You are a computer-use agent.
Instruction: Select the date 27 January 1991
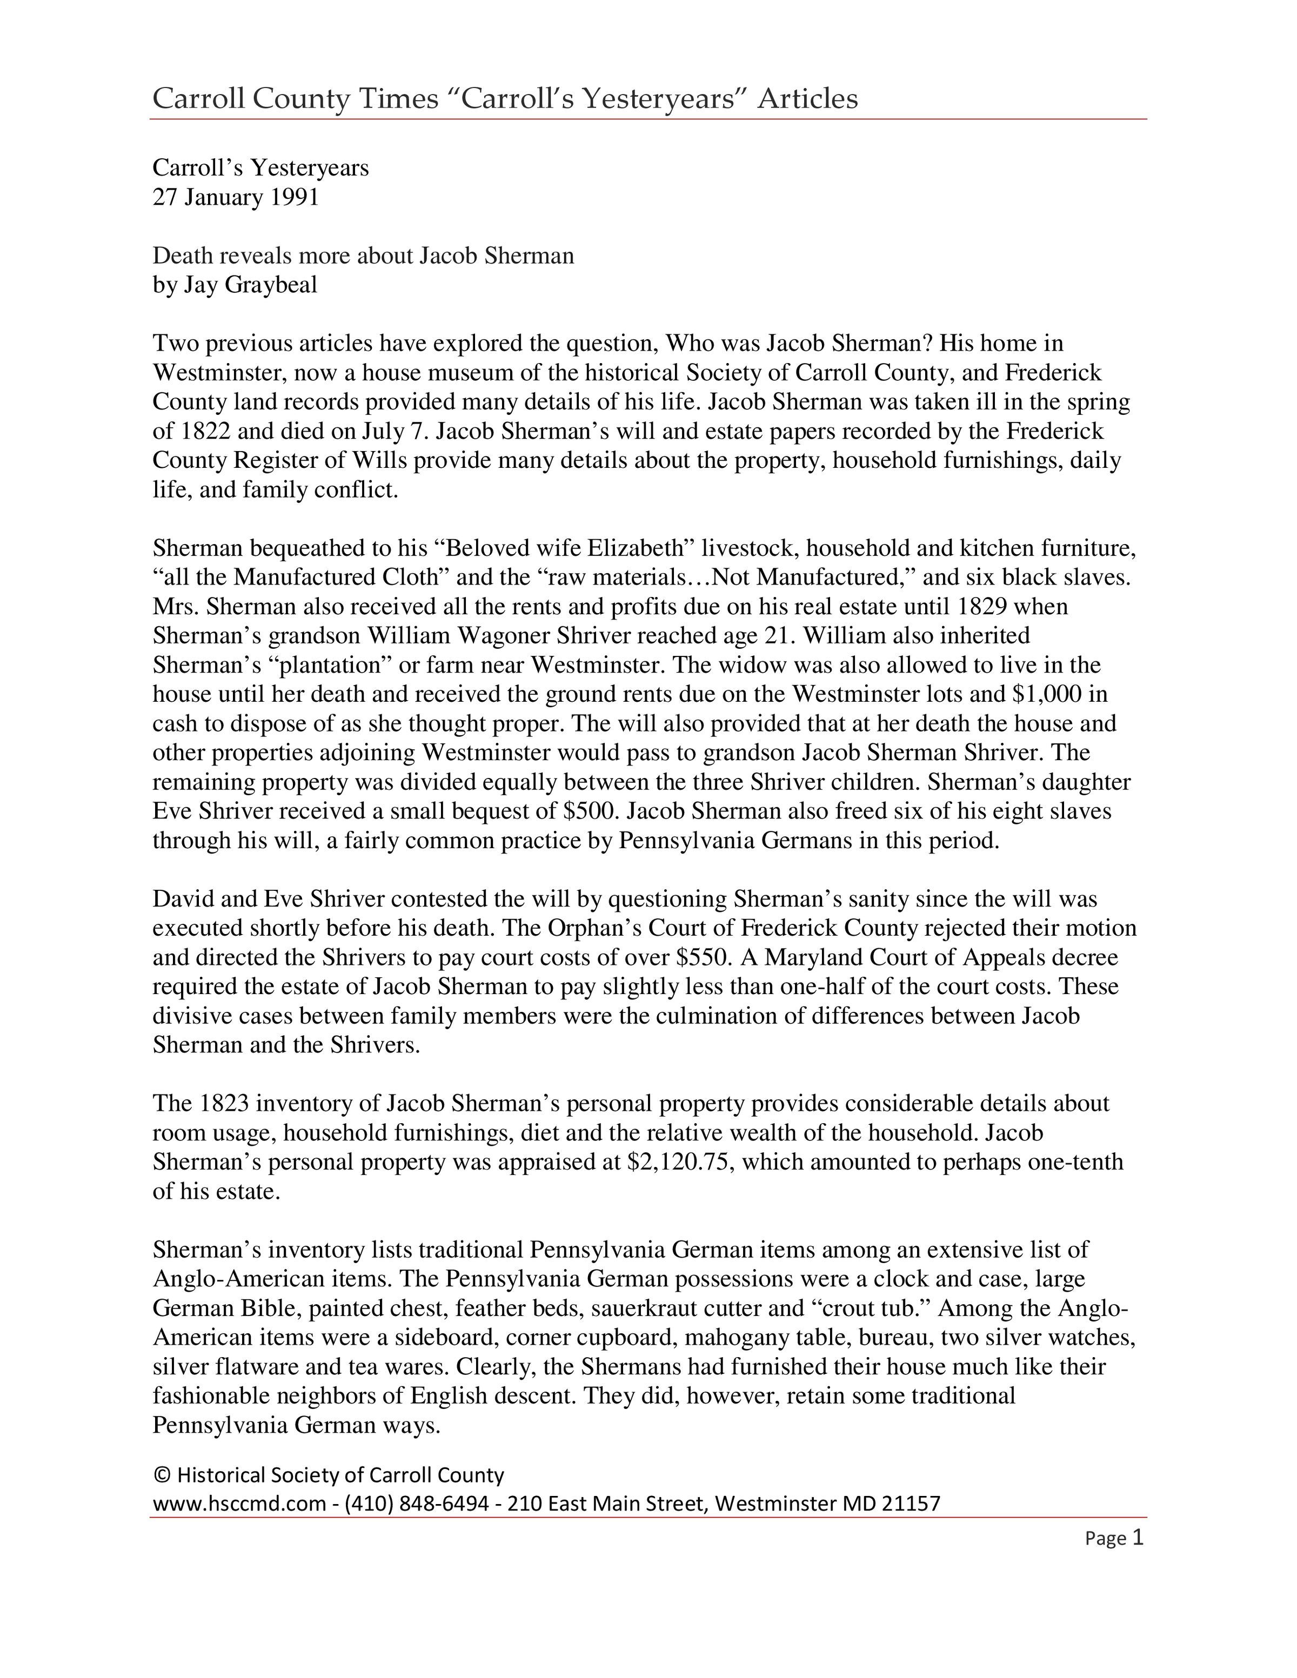(235, 197)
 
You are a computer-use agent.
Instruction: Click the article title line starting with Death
(363, 256)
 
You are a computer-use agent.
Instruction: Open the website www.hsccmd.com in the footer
(239, 1503)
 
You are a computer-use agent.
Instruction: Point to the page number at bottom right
(1137, 1538)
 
